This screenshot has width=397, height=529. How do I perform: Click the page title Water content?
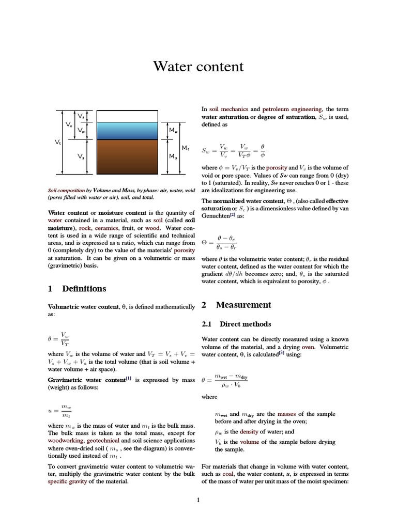click(x=198, y=67)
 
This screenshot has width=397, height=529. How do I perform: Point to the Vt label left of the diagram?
click(x=57, y=142)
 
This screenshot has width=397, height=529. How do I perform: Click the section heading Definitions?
click(x=84, y=289)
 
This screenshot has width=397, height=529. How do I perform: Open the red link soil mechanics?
click(x=228, y=110)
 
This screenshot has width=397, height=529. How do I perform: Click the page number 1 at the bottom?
click(x=198, y=500)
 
